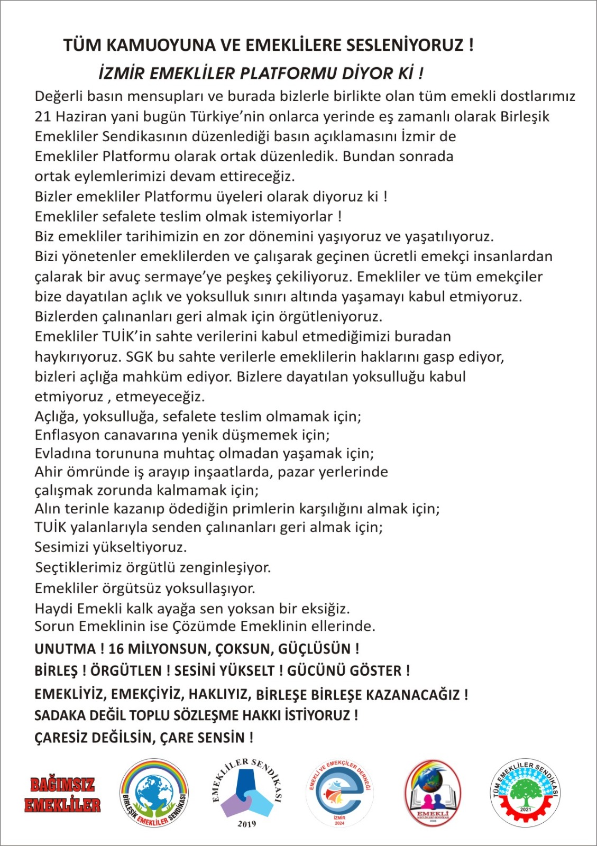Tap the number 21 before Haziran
click(x=43, y=116)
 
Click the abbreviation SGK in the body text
click(x=139, y=357)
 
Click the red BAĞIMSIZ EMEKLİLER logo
click(x=62, y=795)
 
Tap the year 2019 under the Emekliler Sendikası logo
click(x=246, y=824)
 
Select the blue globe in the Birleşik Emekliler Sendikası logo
click(x=153, y=793)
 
